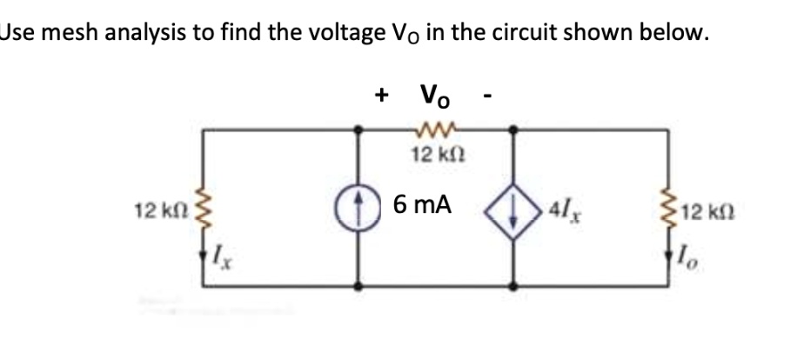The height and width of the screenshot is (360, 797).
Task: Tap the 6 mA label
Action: point(422,205)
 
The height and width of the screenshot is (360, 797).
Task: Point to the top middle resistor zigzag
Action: point(435,133)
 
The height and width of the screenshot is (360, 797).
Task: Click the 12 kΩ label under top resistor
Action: point(435,156)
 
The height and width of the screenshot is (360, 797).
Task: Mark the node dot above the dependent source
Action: point(515,132)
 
